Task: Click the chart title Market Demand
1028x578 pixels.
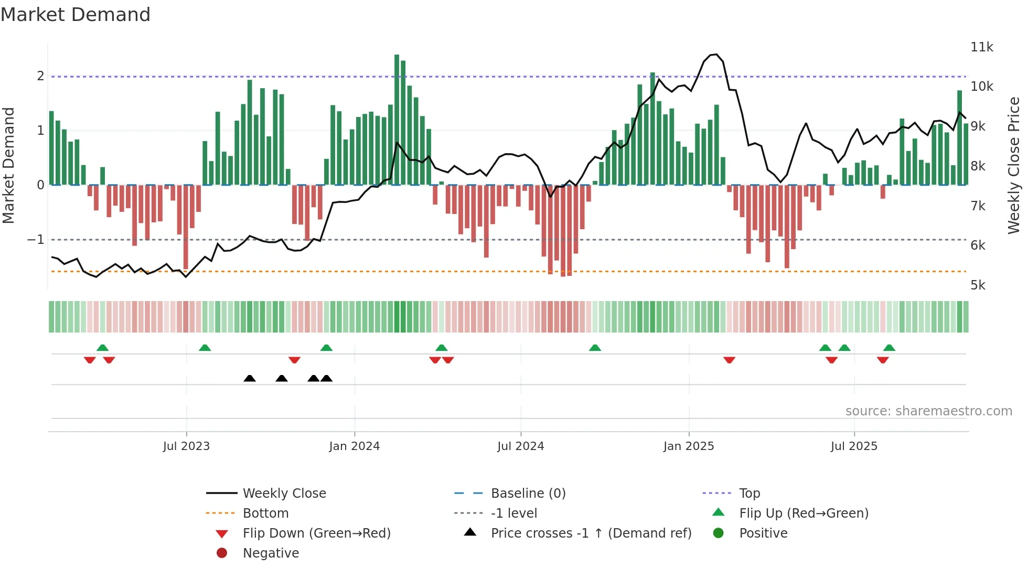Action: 76,15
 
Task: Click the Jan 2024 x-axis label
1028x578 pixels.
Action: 354,446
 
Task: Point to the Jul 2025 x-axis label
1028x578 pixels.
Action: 853,446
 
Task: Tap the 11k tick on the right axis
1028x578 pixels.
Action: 981,47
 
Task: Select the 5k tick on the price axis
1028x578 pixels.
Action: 978,285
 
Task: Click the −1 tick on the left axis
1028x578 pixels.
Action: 36,240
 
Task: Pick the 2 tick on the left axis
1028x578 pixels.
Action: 40,76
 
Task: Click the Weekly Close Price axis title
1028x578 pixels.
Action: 1013,165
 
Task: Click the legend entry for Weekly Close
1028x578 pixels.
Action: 284,494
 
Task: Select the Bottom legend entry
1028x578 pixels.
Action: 265,513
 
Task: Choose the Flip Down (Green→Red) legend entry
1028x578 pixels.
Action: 316,533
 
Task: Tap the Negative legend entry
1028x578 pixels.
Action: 271,553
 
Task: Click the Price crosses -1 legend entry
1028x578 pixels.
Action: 591,533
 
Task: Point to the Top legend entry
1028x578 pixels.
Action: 749,494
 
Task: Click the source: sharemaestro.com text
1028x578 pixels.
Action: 928,411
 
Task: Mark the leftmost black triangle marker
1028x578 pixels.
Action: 250,378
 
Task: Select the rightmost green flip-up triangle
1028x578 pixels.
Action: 889,348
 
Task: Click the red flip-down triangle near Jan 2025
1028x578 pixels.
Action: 729,360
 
